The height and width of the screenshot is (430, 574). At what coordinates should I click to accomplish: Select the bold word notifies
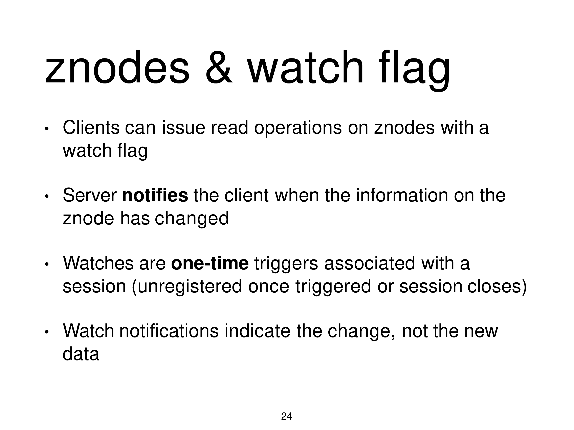155,195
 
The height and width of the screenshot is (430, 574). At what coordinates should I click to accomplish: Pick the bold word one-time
210,263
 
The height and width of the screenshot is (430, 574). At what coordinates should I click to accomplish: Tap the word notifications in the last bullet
169,331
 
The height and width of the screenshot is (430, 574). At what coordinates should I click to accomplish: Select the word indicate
257,331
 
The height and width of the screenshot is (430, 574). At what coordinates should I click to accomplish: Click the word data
81,354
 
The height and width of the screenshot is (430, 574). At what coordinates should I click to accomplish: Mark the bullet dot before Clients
46,129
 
